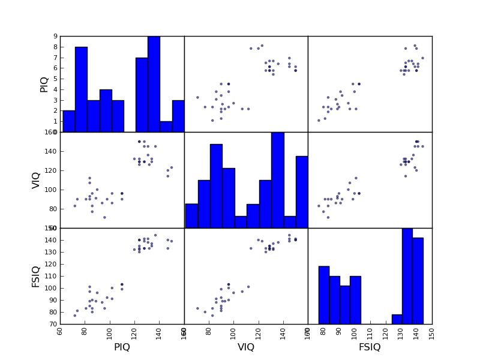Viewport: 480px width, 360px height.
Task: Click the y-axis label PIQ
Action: tap(44, 84)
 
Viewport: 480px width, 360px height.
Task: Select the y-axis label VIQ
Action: tap(37, 180)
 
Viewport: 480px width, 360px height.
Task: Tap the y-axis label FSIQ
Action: tap(37, 276)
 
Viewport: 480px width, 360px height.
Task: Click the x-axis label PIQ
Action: tap(122, 347)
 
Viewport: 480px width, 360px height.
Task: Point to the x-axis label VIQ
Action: tap(246, 347)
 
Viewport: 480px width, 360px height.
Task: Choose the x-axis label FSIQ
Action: tap(370, 347)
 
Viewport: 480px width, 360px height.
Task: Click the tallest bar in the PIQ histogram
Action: tap(154, 84)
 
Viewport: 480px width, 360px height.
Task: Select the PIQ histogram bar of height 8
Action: tap(81, 90)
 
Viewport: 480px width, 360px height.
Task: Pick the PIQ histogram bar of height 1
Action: tap(166, 127)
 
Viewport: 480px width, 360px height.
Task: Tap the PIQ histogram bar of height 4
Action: tap(105, 111)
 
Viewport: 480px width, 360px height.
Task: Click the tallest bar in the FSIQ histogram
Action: tap(407, 276)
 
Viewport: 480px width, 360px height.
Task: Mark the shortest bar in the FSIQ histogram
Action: tap(397, 319)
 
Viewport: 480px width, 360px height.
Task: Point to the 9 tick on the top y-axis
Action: tap(56, 36)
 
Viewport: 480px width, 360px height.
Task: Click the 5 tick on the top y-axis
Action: tap(56, 79)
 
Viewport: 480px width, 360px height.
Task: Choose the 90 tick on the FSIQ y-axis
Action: tap(52, 300)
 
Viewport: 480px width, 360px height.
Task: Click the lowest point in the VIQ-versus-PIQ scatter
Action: tap(104, 217)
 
